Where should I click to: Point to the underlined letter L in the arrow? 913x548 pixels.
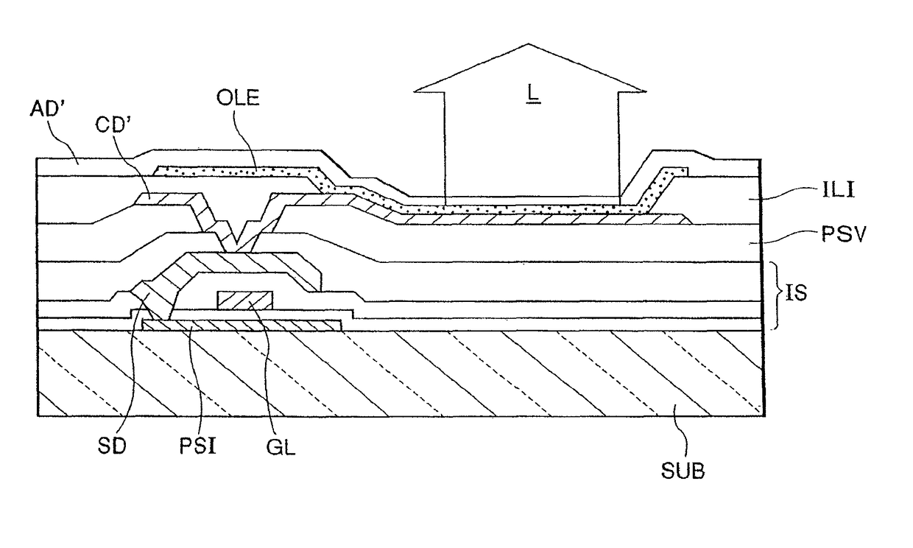(x=529, y=96)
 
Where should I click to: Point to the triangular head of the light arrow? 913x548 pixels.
(x=530, y=70)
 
